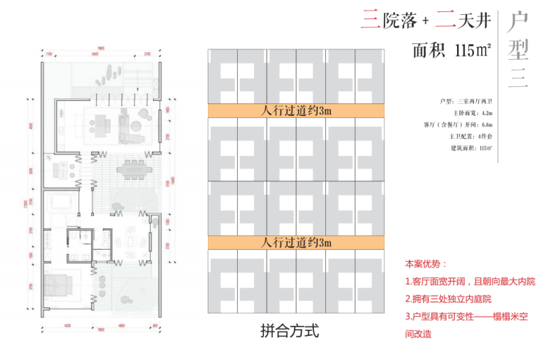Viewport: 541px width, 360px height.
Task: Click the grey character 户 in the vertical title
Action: (x=518, y=23)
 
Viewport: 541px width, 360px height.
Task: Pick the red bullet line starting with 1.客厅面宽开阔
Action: (x=469, y=281)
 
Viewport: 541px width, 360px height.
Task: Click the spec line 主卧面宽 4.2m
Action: (x=471, y=112)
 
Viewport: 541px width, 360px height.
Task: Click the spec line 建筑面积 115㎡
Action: (x=471, y=147)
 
